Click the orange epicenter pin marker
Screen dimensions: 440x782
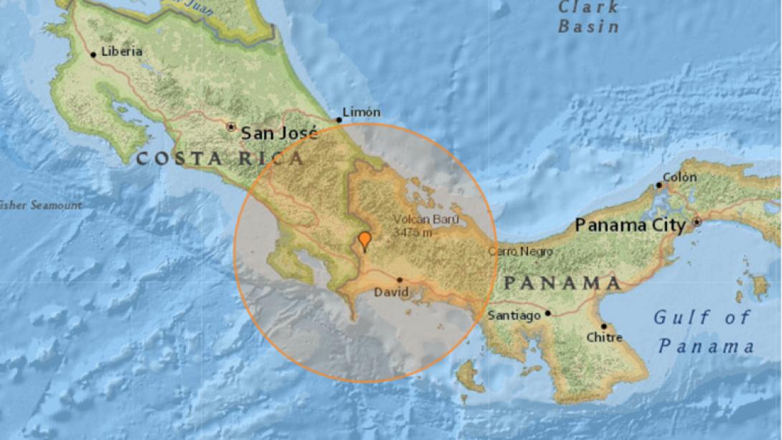(364, 240)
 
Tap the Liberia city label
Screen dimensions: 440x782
(122, 52)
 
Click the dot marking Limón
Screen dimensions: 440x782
(339, 120)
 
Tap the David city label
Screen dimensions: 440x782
(391, 292)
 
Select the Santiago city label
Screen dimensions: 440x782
(514, 315)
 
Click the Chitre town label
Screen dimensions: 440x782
(604, 337)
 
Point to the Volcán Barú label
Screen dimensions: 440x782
(426, 220)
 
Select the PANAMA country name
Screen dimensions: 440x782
(562, 283)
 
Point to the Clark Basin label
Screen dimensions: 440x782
(588, 17)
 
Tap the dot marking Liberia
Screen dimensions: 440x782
(93, 54)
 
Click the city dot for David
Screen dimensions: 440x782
(400, 280)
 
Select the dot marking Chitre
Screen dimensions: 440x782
(603, 326)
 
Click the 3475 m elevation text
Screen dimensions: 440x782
(413, 233)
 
